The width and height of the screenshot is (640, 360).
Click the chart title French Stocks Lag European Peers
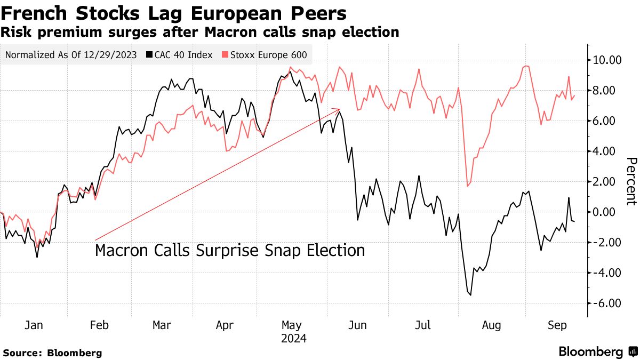point(173,13)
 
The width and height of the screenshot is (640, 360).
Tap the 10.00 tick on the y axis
point(607,60)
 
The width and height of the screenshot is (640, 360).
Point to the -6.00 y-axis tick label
point(607,303)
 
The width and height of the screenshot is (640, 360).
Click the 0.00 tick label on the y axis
point(607,212)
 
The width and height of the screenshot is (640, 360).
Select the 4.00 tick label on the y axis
point(607,151)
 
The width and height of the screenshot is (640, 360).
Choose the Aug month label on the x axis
point(491,325)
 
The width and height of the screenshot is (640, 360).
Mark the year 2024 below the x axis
point(293,338)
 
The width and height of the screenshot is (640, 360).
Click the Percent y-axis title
point(631,181)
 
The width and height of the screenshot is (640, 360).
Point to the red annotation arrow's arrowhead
point(339,109)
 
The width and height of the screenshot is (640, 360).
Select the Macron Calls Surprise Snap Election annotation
point(230,251)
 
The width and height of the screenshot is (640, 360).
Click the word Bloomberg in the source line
point(75,353)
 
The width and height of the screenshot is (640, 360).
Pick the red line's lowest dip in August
point(467,186)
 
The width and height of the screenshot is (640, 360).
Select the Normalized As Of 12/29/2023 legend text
point(71,55)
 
